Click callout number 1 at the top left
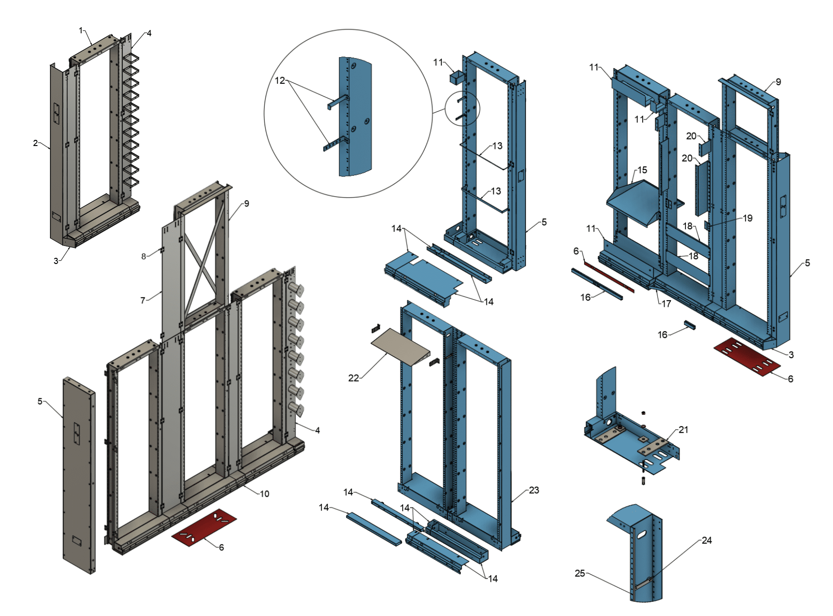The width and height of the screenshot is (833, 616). [x=80, y=30]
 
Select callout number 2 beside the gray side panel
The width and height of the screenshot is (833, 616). [x=35, y=143]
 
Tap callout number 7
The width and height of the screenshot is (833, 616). [x=142, y=300]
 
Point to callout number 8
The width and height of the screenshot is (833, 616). [x=143, y=256]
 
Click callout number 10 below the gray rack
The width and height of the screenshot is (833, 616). [x=264, y=494]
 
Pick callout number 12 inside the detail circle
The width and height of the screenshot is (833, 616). [x=279, y=80]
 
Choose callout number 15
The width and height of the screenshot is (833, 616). [x=642, y=170]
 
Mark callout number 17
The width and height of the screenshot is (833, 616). [x=666, y=303]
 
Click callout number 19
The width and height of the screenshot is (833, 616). [x=747, y=218]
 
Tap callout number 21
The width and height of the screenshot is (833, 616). [x=683, y=430]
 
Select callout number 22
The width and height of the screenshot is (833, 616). [x=353, y=378]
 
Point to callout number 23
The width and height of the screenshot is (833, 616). [x=534, y=490]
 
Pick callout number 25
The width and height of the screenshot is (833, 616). [x=579, y=573]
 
